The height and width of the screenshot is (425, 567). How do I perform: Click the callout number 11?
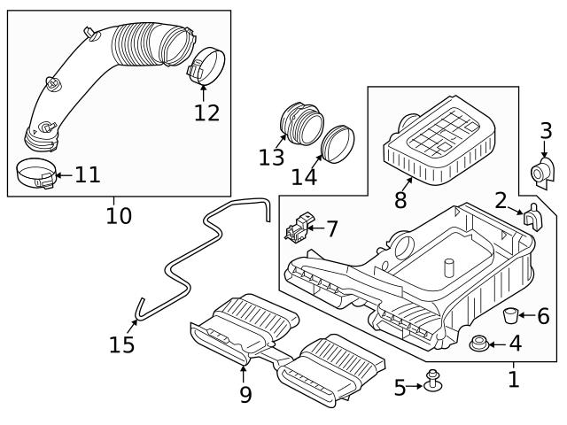coord(87,174)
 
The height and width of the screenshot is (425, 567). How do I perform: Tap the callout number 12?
coord(206,112)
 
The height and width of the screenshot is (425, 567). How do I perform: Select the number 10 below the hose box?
coord(119,215)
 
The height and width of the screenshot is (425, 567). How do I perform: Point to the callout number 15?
coord(122,344)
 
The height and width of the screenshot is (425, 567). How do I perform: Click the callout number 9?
coord(245,394)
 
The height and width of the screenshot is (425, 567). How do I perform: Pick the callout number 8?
coord(400,200)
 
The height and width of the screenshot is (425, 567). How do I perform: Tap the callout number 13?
coord(272,157)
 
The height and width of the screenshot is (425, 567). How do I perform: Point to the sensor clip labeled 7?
coord(298,228)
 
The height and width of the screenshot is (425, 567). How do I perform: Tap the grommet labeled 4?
coord(479,344)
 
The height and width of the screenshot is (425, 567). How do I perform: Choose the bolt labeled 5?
coord(433,381)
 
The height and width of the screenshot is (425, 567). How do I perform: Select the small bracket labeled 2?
coord(532,216)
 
